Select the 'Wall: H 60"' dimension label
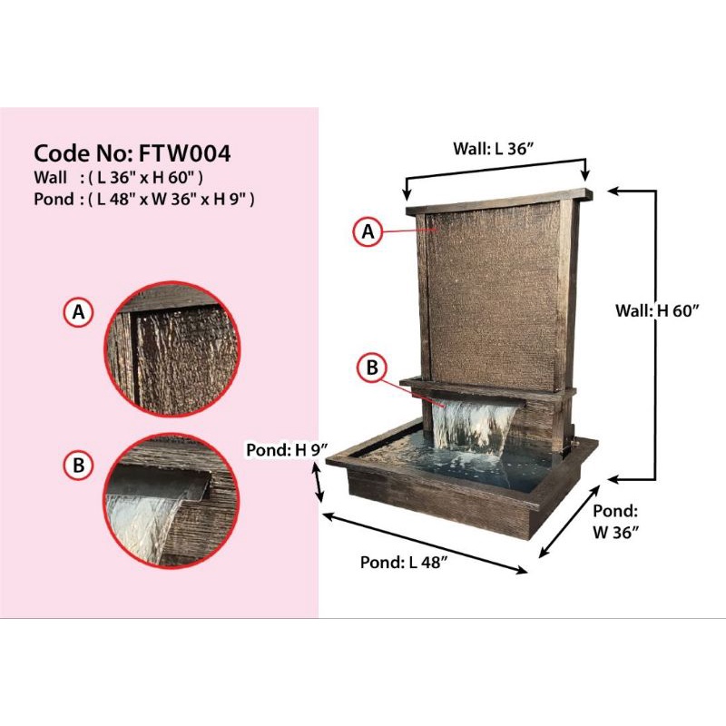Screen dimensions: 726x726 (x=658, y=310)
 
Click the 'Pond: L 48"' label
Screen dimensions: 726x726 (x=404, y=562)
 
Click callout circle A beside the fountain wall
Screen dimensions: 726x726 (x=368, y=232)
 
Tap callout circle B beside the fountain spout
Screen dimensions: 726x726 (x=372, y=368)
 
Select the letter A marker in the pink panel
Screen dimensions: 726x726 (x=78, y=313)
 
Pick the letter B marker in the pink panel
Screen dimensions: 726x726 (x=78, y=466)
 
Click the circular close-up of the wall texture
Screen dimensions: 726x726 (x=173, y=350)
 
